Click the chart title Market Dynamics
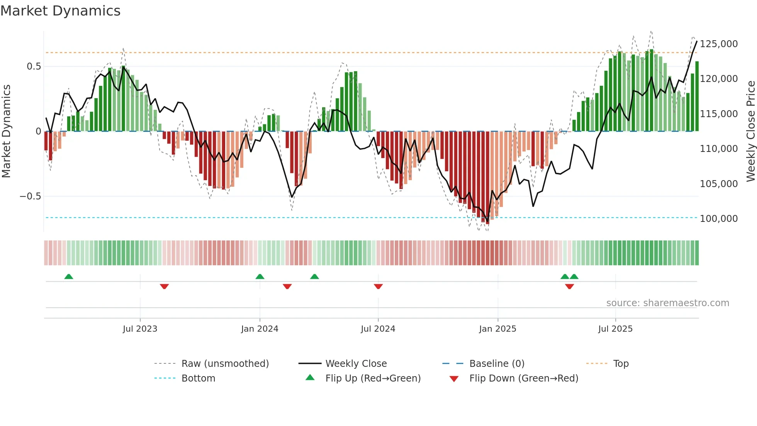pos(60,11)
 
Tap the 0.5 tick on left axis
pos(34,66)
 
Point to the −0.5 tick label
pos(30,196)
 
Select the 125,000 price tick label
pos(718,44)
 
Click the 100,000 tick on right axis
pos(718,219)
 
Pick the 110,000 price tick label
pos(718,149)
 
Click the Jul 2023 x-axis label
pos(140,329)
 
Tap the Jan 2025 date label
pos(497,329)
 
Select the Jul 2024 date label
pos(378,329)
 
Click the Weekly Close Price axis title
pos(750,131)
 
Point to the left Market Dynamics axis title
pos(6,131)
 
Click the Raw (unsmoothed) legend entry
pos(225,364)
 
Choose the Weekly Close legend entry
pos(356,364)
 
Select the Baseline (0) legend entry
pos(497,364)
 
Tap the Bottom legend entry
pos(198,378)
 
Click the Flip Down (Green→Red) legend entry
pos(523,378)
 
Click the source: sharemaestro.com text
pos(667,303)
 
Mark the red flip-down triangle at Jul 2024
pos(378,286)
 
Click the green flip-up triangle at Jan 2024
pos(260,277)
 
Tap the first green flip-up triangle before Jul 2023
pos(69,277)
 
